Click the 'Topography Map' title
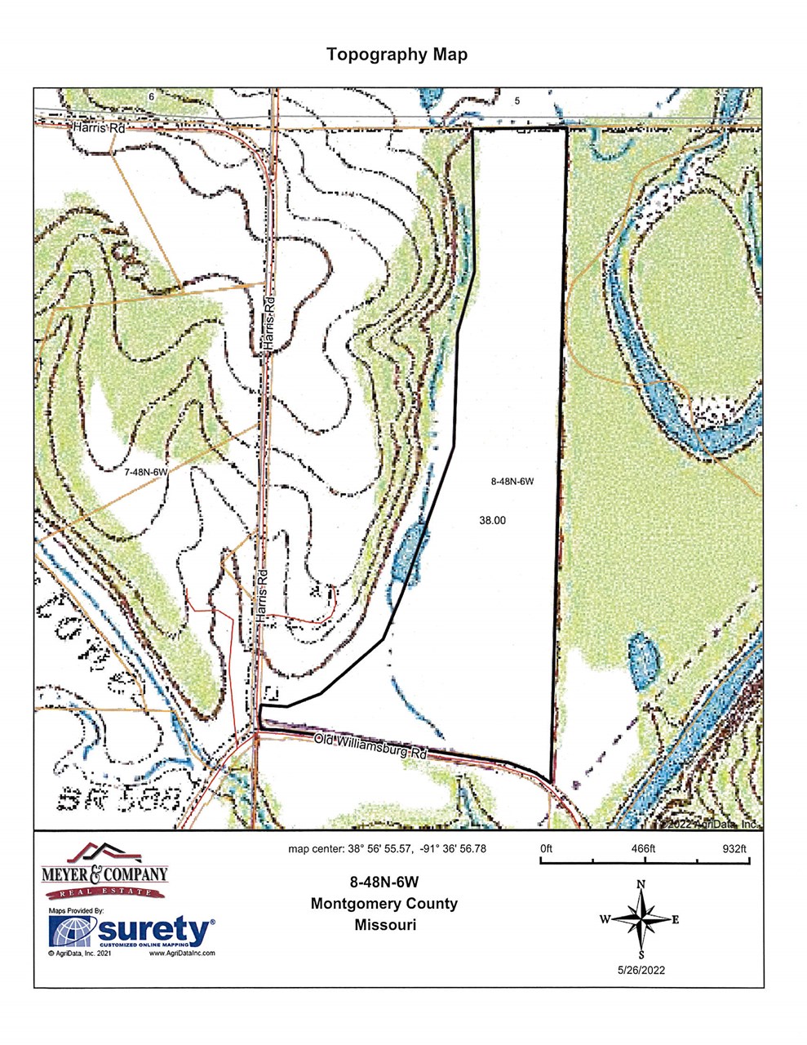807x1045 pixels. click(397, 55)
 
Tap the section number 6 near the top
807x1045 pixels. click(151, 96)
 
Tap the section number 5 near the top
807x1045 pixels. click(517, 100)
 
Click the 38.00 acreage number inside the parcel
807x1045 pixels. click(494, 519)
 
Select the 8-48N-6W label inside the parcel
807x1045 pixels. click(512, 482)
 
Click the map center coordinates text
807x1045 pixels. click(387, 849)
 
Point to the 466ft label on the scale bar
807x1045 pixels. click(643, 849)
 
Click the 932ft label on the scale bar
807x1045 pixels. click(735, 849)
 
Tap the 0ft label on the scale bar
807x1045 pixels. click(546, 849)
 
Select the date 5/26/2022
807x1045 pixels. click(642, 971)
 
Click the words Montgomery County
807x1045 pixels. click(384, 904)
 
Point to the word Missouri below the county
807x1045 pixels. click(385, 925)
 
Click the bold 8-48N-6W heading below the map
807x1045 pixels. click(384, 883)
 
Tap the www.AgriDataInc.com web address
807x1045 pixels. click(182, 953)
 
